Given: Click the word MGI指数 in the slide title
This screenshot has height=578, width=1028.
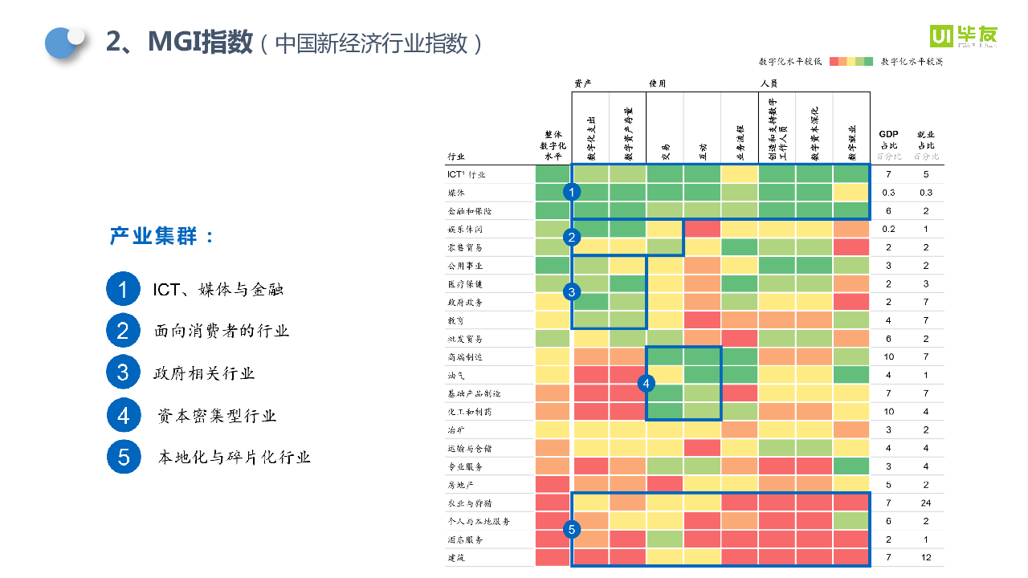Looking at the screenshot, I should (x=200, y=43).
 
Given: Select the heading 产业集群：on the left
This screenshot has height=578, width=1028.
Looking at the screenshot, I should (x=161, y=237).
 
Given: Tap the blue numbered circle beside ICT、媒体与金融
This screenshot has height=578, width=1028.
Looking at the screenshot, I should (x=123, y=290).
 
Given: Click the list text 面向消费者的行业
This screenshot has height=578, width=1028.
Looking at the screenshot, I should (x=222, y=331).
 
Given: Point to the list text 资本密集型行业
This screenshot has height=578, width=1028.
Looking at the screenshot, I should (x=217, y=416).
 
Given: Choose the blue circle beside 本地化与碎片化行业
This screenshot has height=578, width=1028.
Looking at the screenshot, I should (x=124, y=458).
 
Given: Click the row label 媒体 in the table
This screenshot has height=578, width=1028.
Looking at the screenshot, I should (x=456, y=193).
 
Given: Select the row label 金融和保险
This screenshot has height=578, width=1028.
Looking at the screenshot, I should (x=469, y=211).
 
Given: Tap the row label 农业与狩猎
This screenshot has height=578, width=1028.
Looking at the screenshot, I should (x=469, y=503).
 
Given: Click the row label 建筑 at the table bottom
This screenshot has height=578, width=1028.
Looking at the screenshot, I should (x=455, y=557).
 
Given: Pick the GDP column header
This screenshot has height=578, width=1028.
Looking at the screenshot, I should (x=888, y=134).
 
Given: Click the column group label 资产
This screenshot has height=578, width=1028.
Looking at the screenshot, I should (x=583, y=83).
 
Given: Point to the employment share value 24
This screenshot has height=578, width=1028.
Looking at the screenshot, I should (x=925, y=503).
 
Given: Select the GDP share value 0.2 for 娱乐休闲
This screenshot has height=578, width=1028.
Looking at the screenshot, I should (x=888, y=230).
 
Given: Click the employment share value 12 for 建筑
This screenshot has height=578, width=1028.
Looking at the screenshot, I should (x=925, y=557).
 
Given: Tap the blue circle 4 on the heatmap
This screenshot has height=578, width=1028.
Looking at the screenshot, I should (x=647, y=384).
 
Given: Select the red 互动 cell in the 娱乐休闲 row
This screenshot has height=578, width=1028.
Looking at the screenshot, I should (x=702, y=230).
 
